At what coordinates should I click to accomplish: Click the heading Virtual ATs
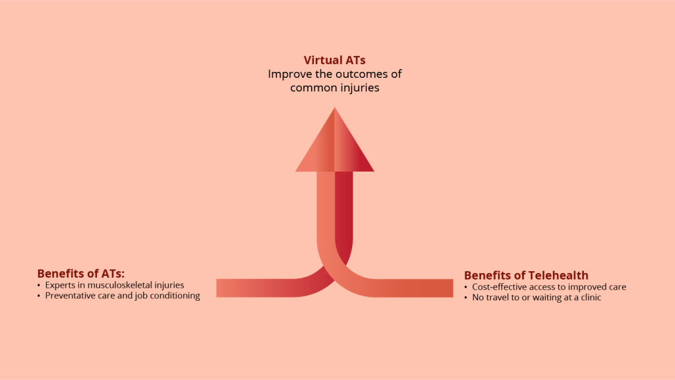334,60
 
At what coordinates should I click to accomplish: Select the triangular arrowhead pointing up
334,140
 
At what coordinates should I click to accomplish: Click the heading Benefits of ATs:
81,274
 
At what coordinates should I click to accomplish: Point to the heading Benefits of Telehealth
526,275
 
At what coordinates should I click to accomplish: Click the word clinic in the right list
591,298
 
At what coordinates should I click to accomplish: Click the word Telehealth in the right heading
558,275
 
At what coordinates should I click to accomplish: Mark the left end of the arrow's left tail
216,288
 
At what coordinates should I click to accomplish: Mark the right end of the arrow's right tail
453,288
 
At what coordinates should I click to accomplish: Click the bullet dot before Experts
39,286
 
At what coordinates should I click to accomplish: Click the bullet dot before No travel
466,298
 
